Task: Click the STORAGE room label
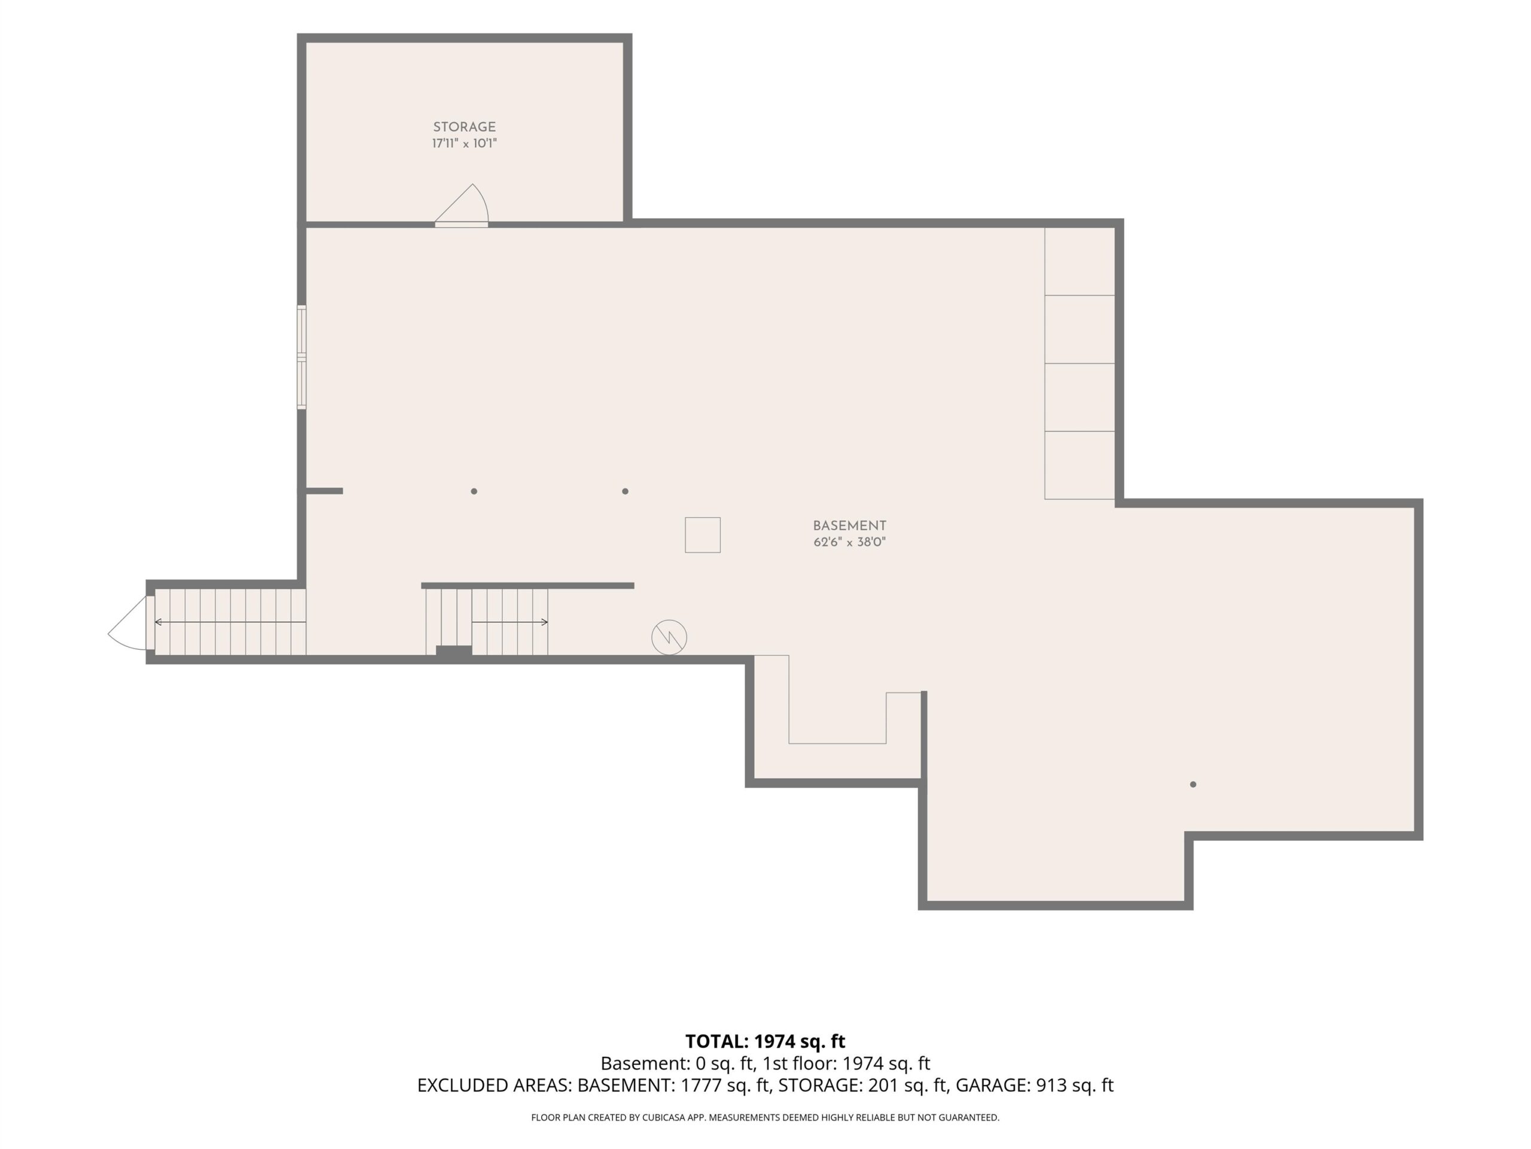pyautogui.click(x=465, y=127)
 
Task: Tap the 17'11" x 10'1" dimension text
pyautogui.click(x=465, y=144)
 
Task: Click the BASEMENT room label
pyautogui.click(x=849, y=525)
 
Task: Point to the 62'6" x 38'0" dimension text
pyautogui.click(x=849, y=542)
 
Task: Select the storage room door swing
pyautogui.click(x=462, y=206)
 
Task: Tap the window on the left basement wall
pyautogui.click(x=302, y=357)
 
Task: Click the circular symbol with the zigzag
pyautogui.click(x=669, y=637)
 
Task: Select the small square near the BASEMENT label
pyautogui.click(x=703, y=534)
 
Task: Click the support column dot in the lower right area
pyautogui.click(x=1193, y=785)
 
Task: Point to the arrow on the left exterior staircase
pyautogui.click(x=230, y=622)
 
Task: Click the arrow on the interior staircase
pyautogui.click(x=510, y=622)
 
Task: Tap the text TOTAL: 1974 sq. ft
pyautogui.click(x=765, y=1041)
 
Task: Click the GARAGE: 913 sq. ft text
pyautogui.click(x=1034, y=1086)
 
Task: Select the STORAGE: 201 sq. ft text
pyautogui.click(x=862, y=1086)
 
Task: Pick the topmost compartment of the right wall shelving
pyautogui.click(x=1079, y=261)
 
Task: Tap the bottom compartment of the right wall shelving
pyautogui.click(x=1079, y=465)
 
